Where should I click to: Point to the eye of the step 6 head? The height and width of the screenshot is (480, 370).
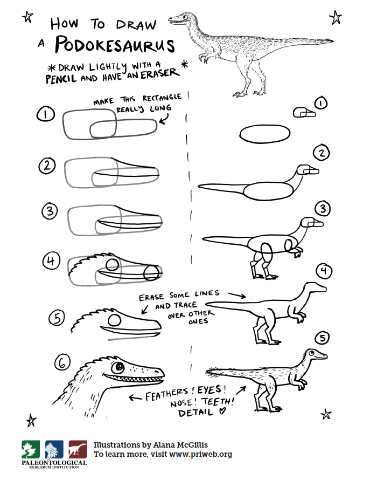tap(118, 367)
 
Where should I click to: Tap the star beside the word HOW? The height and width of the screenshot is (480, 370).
tap(27, 17)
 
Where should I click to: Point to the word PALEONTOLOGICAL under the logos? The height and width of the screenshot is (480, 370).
tap(54, 463)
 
